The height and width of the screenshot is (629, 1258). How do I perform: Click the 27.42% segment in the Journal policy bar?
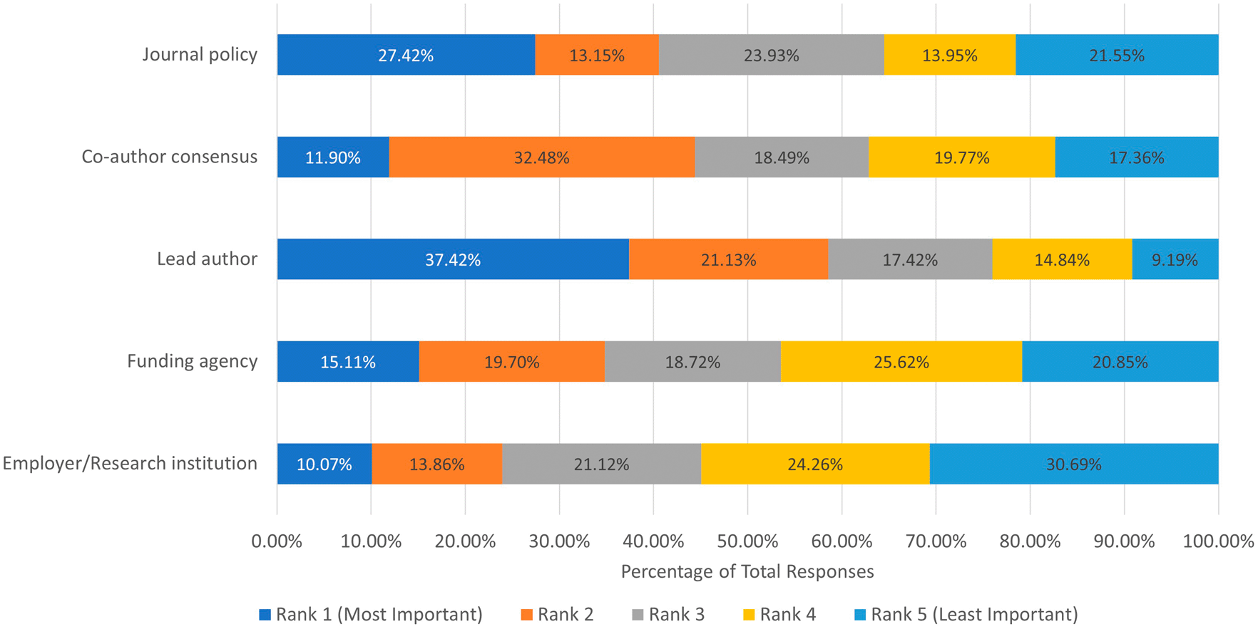(406, 55)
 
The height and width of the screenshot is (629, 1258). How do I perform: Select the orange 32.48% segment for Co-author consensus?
(541, 157)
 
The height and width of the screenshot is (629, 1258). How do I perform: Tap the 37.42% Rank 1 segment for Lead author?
(453, 259)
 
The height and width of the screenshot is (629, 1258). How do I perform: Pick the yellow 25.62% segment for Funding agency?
(901, 362)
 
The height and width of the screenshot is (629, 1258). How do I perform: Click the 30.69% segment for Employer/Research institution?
(1073, 464)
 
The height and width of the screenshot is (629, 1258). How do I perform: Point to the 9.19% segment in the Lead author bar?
(1175, 259)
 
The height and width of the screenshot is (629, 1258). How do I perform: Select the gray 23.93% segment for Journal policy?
(771, 55)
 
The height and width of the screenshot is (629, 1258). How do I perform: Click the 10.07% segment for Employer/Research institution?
(324, 464)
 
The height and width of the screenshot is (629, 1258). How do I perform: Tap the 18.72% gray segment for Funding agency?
(692, 362)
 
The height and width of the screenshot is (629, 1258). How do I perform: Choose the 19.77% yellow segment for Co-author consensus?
(961, 157)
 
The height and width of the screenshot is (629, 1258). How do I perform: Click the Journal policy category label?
(200, 55)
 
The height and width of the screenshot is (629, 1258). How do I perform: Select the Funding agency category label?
(192, 361)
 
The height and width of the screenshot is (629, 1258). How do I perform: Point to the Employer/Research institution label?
(130, 464)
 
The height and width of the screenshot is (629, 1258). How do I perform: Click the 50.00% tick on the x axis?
(747, 541)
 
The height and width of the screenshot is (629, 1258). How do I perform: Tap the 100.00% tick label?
(1218, 541)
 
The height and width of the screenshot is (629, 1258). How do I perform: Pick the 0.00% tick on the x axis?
(277, 541)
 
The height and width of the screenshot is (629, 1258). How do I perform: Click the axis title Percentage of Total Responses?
(747, 571)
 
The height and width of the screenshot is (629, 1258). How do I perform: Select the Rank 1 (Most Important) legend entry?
(371, 614)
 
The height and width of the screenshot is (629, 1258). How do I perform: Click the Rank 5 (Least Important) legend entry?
(966, 614)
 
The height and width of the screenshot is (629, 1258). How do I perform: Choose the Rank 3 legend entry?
(668, 614)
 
